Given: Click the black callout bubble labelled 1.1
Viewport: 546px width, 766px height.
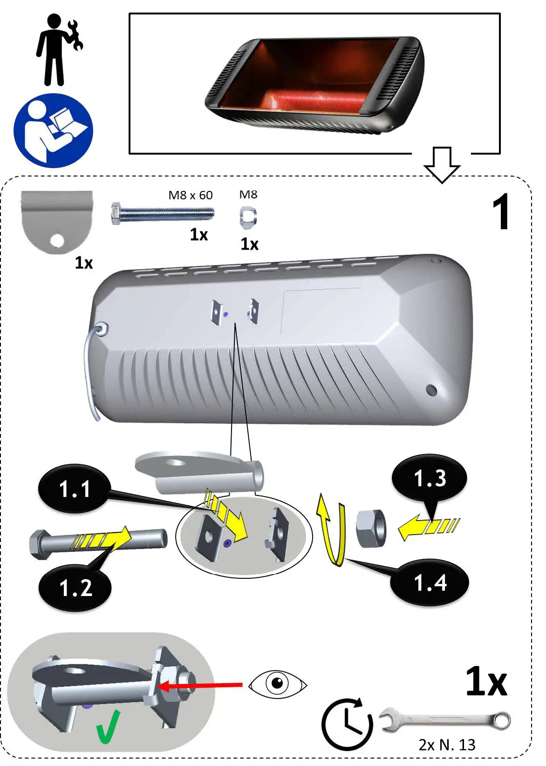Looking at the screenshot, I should pos(75,489).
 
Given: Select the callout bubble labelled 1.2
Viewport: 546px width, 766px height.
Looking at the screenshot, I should pos(75,588).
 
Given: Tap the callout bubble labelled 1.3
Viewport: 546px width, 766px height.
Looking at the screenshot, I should pos(430,478).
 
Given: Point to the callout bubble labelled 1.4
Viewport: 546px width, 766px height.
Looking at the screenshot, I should pos(430,583).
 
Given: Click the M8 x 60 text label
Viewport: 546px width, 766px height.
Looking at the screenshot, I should pos(190,195).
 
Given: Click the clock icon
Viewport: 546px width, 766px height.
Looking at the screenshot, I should pos(347,724).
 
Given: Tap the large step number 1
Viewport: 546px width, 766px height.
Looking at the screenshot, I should pos(501,212).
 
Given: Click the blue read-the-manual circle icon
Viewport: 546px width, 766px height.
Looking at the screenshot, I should pos(53,131).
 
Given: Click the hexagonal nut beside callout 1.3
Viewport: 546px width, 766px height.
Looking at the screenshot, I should pos(371,529).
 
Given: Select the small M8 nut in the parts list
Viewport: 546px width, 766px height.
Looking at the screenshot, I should pos(248,217).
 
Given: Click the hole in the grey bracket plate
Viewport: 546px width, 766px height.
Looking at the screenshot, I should pos(57,241).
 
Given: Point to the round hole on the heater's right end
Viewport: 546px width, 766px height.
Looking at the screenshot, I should pos(431,390).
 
